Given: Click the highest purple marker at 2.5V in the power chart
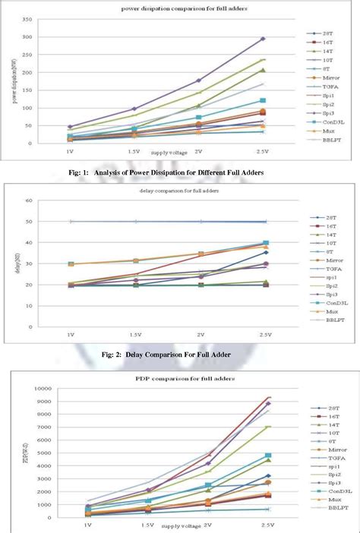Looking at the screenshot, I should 263,38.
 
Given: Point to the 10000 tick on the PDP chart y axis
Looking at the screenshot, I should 24,389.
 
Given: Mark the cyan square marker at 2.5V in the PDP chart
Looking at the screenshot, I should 268,456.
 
